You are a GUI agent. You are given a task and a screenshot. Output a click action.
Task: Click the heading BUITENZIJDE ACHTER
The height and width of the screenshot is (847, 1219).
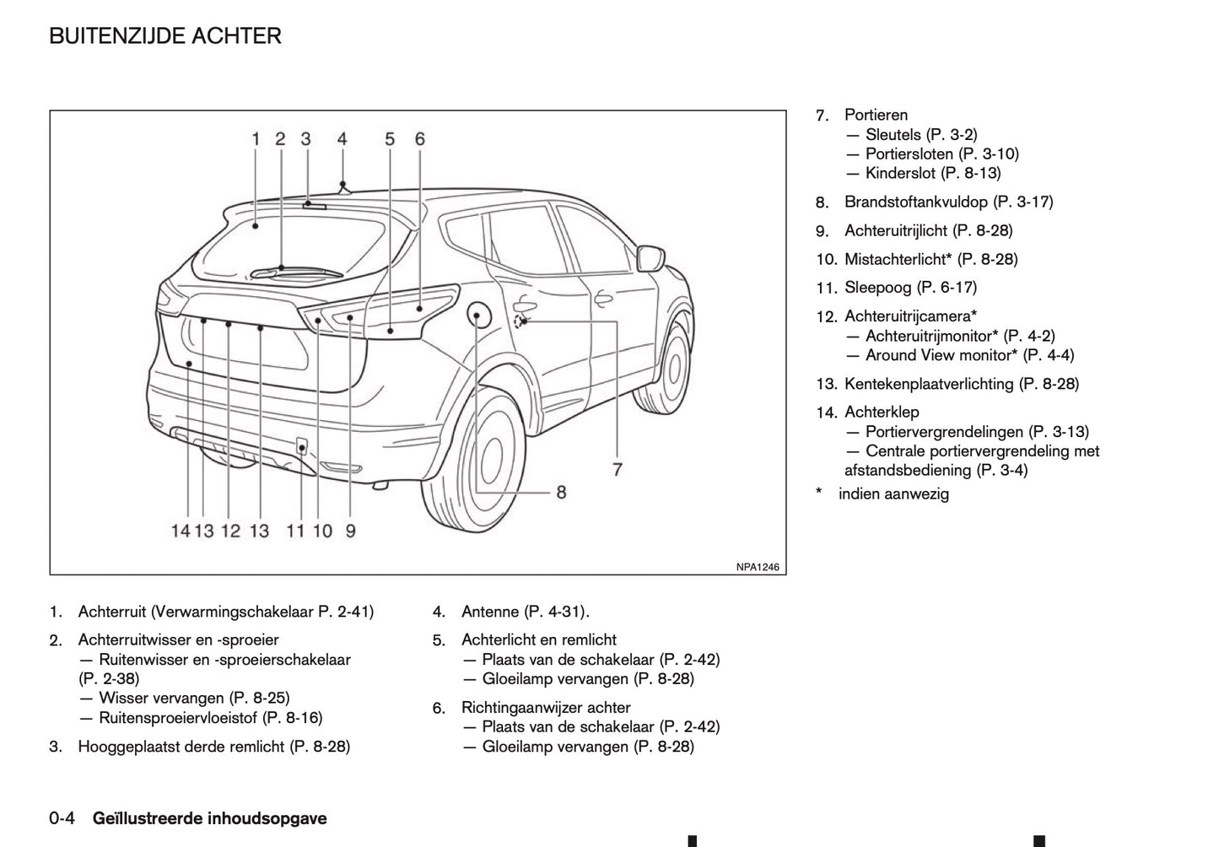pos(165,36)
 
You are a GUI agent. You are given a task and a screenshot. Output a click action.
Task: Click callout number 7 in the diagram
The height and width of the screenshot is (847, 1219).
pos(618,469)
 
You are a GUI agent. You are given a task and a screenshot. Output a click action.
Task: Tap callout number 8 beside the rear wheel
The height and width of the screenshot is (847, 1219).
pos(560,491)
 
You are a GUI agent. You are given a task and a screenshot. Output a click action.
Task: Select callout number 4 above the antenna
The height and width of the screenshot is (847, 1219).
pos(342,139)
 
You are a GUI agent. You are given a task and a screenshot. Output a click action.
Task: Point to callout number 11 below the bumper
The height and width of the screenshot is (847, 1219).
pos(295,531)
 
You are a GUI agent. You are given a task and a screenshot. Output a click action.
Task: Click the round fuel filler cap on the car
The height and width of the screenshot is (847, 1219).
pos(477,317)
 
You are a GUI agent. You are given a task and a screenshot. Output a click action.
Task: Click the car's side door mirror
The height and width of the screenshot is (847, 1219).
pos(650,256)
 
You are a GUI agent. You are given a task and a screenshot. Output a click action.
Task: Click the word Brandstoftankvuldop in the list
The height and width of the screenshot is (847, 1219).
pos(915,202)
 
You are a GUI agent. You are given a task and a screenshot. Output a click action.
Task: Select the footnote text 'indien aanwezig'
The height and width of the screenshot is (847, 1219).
pos(893,494)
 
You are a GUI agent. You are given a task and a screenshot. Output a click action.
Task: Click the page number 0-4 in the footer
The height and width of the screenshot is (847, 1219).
pos(63,818)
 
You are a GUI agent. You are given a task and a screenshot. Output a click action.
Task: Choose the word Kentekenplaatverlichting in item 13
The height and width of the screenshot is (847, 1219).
pos(929,384)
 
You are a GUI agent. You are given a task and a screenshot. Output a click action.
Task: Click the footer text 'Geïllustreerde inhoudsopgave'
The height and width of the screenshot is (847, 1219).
pos(209,818)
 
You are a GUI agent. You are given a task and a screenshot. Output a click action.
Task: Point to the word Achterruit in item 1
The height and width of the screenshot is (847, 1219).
pos(112,612)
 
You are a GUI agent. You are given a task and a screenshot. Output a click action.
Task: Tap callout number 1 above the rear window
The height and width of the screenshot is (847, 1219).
pos(256,139)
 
